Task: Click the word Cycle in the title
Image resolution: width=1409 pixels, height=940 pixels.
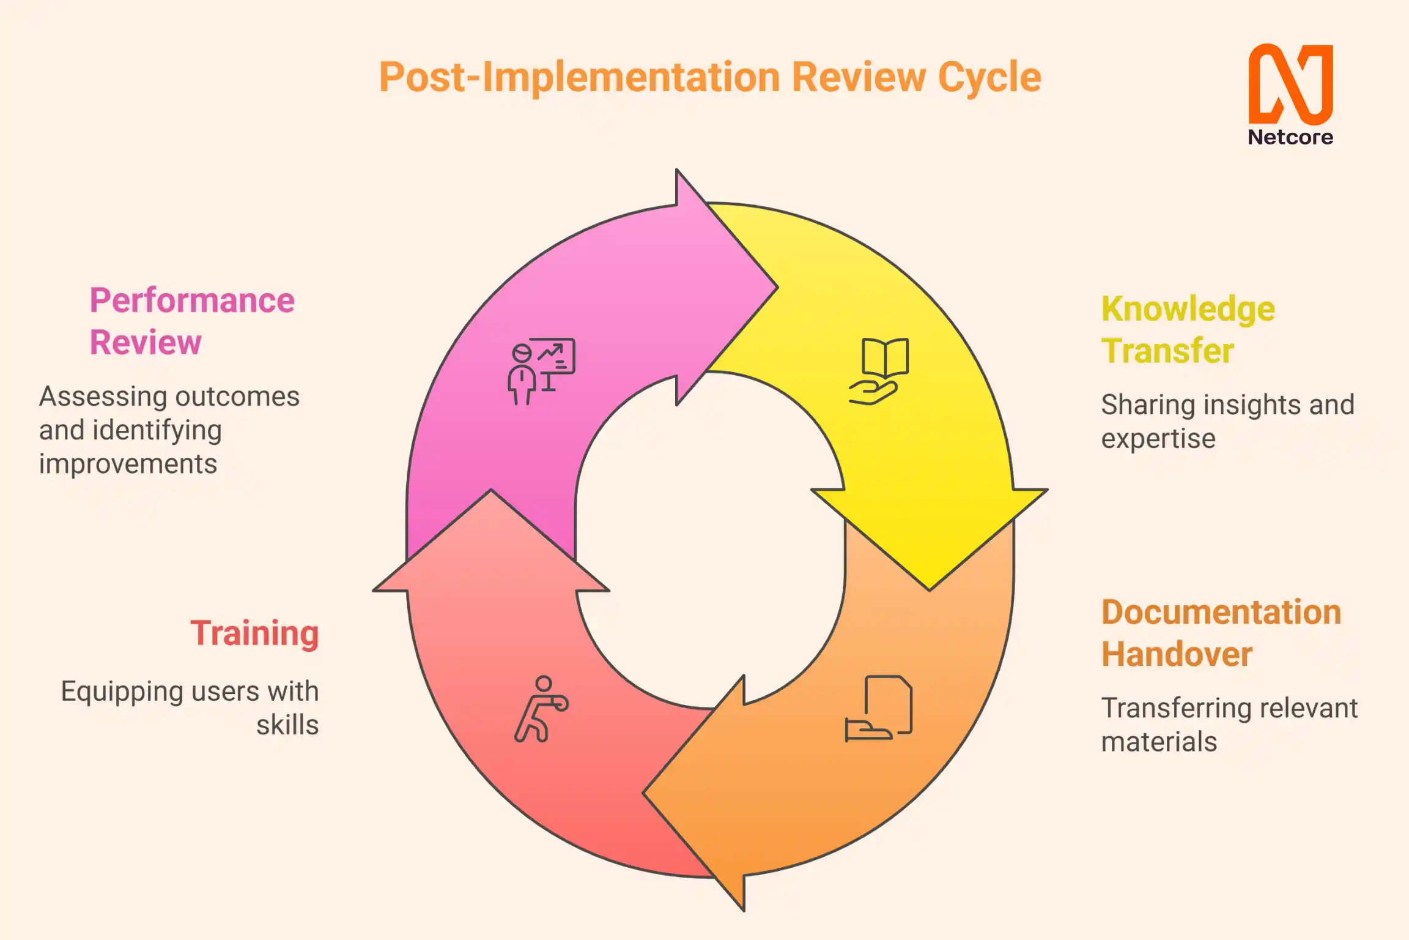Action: point(989,78)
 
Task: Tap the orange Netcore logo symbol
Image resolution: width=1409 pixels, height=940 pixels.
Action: point(1290,84)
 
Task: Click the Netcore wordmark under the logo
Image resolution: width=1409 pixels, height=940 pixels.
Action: point(1290,137)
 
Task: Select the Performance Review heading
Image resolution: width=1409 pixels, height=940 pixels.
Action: point(192,321)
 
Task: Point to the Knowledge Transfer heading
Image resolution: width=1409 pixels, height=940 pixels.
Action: point(1188,329)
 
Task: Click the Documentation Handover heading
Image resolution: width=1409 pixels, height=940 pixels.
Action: point(1221,633)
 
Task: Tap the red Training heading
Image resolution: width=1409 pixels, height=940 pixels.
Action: point(254,633)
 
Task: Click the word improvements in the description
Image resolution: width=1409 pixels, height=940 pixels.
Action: point(128,464)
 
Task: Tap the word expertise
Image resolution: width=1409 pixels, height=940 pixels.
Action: point(1158,438)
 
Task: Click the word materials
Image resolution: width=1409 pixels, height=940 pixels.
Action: point(1159,742)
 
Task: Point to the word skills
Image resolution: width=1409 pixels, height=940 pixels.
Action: point(287,725)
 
